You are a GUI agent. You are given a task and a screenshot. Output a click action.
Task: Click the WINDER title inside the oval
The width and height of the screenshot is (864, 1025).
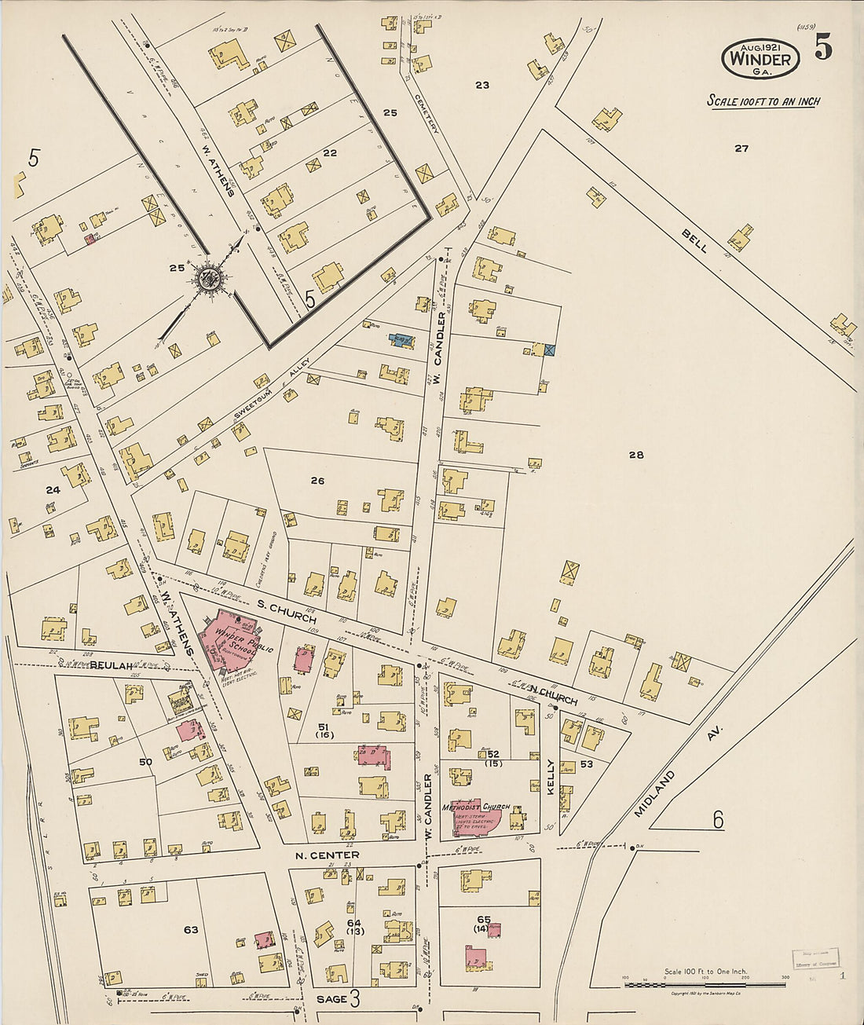pyautogui.click(x=760, y=59)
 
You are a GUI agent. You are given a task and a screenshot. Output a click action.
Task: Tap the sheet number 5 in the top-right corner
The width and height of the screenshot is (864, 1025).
pyautogui.click(x=822, y=49)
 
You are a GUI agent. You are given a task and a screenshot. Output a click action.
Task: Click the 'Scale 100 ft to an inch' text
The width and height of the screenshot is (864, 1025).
pyautogui.click(x=763, y=101)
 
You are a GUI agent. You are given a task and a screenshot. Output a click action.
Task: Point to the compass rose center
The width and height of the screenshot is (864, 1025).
pyautogui.click(x=210, y=277)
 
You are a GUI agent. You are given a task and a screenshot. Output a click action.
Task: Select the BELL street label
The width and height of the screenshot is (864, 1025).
pyautogui.click(x=694, y=241)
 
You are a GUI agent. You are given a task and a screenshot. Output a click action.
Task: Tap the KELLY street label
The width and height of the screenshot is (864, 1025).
pyautogui.click(x=551, y=776)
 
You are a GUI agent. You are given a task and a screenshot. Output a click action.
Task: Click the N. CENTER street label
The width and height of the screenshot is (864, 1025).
pyautogui.click(x=327, y=855)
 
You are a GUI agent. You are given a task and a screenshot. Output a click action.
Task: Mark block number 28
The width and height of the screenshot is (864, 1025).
pyautogui.click(x=636, y=455)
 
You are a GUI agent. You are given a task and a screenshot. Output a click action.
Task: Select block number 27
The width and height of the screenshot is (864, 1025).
pyautogui.click(x=741, y=148)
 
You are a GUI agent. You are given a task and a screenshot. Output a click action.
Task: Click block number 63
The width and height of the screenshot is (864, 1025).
pyautogui.click(x=191, y=930)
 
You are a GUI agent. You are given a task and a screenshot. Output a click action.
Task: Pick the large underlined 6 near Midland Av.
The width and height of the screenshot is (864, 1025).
pyautogui.click(x=717, y=819)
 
